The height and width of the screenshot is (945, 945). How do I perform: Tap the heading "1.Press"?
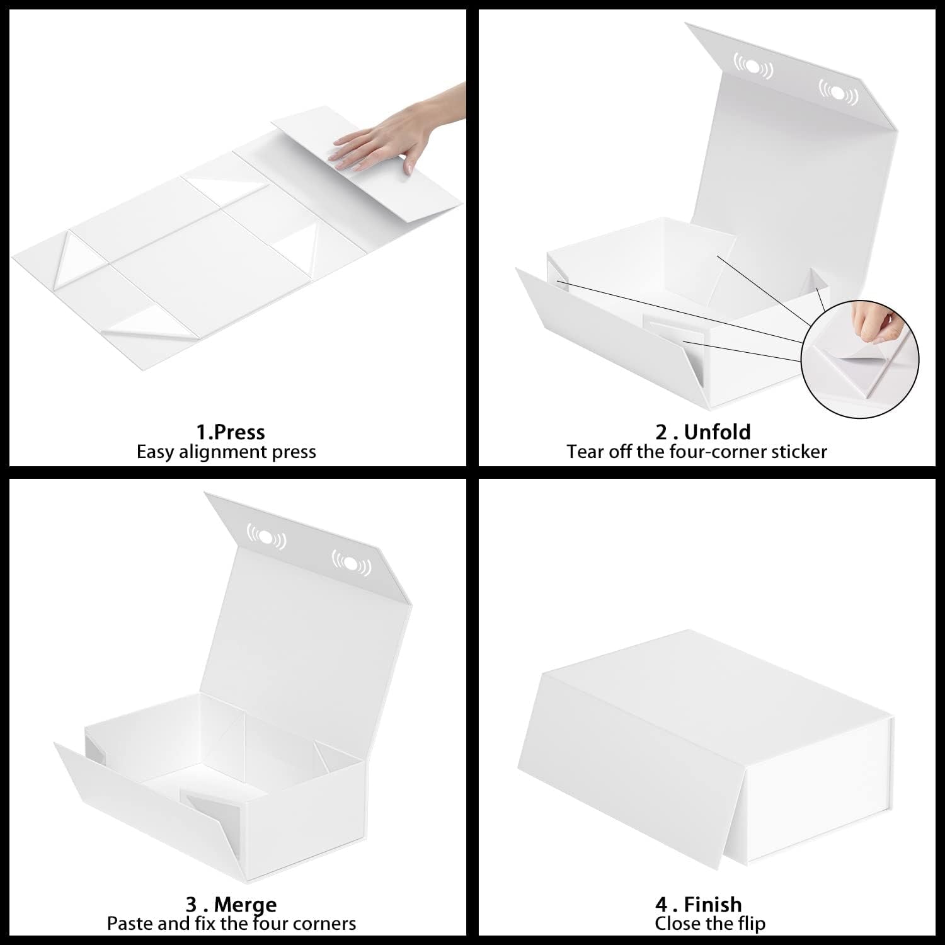230,432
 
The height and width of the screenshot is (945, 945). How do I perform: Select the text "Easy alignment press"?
226,452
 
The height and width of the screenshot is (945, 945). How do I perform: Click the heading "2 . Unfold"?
703,432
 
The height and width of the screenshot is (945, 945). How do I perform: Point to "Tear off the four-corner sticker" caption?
696,452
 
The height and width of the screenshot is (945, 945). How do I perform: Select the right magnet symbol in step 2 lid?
838,92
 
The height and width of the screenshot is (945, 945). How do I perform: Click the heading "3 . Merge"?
231,905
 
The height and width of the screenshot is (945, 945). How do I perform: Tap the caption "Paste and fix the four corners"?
231,924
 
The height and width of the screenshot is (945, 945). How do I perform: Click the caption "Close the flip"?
710,924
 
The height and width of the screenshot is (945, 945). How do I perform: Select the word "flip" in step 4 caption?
751,924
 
